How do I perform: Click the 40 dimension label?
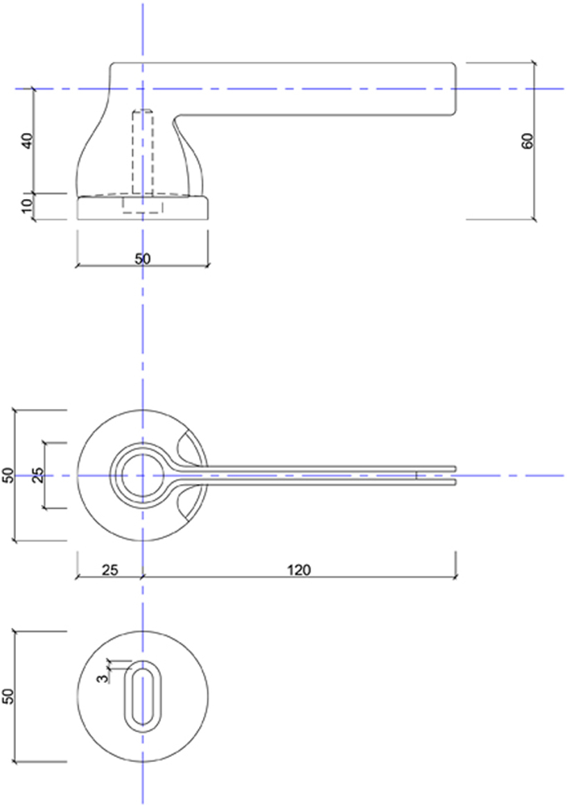coord(27,140)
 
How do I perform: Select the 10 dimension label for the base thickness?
coord(27,207)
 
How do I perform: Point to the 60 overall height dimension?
coord(527,141)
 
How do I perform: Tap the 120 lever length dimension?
coord(299,570)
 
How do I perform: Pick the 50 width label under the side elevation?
coord(142,259)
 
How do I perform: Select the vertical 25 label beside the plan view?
coord(38,475)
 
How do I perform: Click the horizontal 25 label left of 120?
coord(108,570)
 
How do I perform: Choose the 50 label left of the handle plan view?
coord(8,475)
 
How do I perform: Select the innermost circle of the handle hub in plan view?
coord(142,476)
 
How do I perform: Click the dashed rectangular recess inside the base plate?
coord(142,205)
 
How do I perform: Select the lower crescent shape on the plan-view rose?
coord(190,503)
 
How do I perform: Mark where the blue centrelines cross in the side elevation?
coord(142,89)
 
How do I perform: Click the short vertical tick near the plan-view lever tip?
coord(416,476)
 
